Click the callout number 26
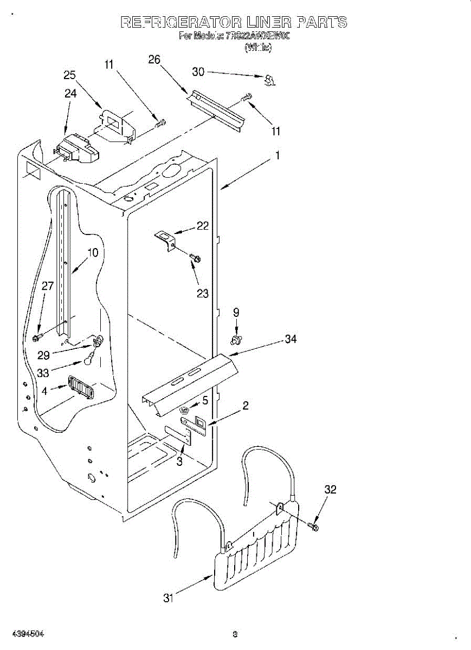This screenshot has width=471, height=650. click(154, 60)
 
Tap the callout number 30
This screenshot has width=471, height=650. click(198, 71)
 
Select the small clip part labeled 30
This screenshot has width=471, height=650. click(268, 81)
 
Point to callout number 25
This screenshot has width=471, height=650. click(70, 76)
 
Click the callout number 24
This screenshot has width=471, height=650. click(70, 93)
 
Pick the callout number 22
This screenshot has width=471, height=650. click(203, 226)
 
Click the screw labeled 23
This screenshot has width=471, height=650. click(195, 258)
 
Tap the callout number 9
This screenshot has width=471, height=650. click(236, 312)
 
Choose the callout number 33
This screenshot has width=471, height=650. click(43, 373)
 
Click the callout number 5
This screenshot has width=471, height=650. click(205, 400)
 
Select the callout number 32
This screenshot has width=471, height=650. click(331, 490)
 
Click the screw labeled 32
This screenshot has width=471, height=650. click(313, 525)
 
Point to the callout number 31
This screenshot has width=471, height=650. click(169, 599)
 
